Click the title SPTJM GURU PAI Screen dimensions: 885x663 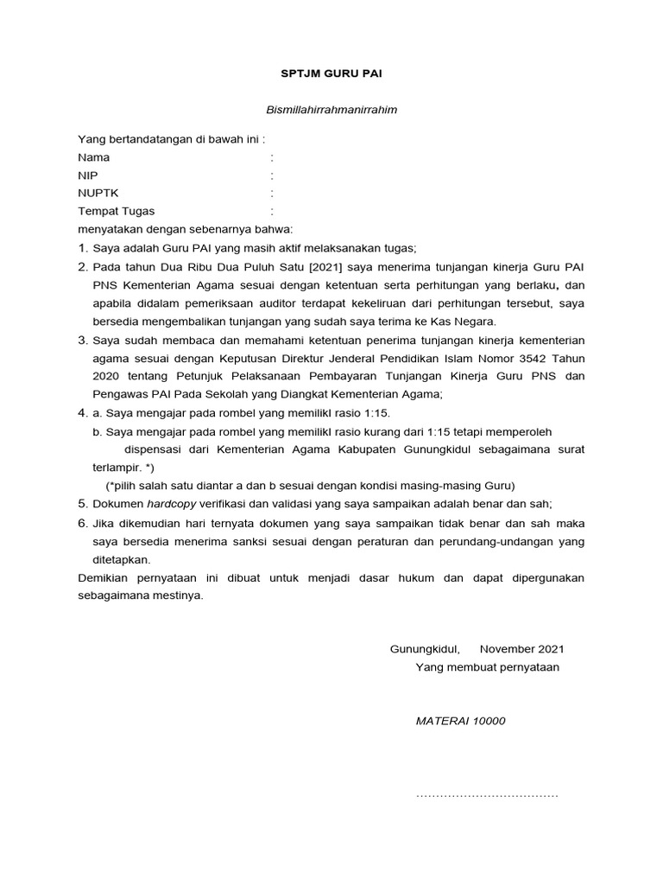(x=331, y=74)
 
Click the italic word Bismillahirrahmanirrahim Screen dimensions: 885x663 (x=331, y=110)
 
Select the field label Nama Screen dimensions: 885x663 (x=94, y=158)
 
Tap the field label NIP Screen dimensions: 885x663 (x=88, y=175)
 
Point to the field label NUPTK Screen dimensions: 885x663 (x=98, y=194)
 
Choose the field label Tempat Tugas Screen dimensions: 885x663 (x=117, y=211)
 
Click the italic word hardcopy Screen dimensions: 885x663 (x=170, y=504)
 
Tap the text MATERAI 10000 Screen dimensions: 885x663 (x=461, y=721)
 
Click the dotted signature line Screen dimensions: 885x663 (x=487, y=795)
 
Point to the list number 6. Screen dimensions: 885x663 (x=83, y=523)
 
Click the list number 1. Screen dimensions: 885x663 (x=83, y=248)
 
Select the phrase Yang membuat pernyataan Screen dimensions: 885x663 (x=487, y=667)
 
